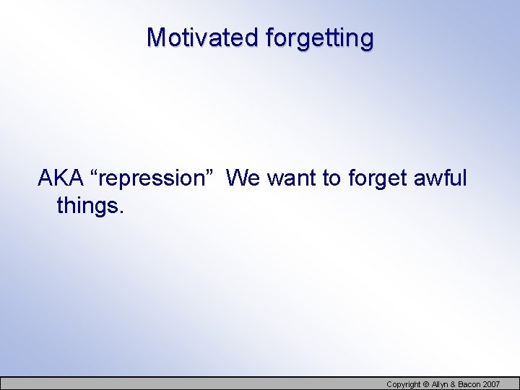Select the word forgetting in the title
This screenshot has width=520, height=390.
coord(319,38)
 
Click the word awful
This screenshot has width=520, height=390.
coord(441,178)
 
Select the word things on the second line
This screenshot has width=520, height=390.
coord(87,207)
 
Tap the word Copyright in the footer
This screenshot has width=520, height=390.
coord(403,384)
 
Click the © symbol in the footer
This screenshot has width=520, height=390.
coord(425,384)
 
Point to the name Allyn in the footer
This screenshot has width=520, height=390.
coord(441,384)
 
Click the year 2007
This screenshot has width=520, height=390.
coord(491,384)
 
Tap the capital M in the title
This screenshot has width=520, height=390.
coord(155,37)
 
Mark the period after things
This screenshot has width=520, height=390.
coord(121,213)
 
